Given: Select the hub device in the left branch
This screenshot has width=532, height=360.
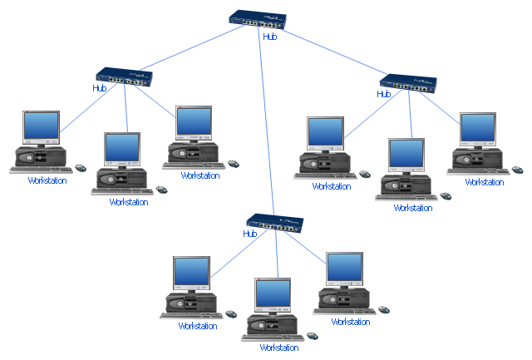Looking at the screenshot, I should click(126, 77).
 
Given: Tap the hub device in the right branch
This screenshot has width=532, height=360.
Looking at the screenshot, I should click(408, 83).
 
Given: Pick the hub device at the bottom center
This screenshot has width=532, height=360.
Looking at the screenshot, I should click(277, 223).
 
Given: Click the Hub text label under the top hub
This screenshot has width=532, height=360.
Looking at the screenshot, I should click(269, 37).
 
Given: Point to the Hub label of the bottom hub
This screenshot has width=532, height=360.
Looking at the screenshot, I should click(250, 234).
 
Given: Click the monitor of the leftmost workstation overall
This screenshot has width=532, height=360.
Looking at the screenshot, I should click(41, 127).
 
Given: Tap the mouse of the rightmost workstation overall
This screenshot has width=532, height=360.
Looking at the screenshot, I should click(517, 170).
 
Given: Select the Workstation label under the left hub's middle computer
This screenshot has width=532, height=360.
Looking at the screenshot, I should click(129, 202).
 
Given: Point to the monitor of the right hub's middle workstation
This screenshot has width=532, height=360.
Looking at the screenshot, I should click(406, 155).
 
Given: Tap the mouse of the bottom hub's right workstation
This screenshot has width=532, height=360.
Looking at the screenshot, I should click(383, 309).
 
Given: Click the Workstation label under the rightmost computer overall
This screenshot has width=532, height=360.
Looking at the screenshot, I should click(485, 182).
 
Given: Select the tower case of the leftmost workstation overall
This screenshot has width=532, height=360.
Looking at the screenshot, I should click(41, 155).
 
